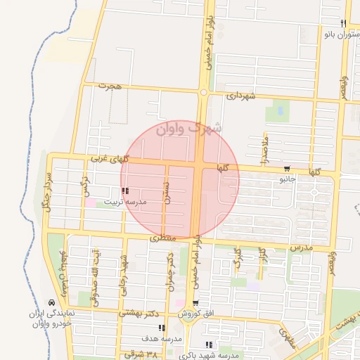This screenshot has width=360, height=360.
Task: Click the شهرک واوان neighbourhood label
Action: pyautogui.click(x=189, y=129)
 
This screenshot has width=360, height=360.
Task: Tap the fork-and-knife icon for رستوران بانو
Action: pyautogui.click(x=343, y=22)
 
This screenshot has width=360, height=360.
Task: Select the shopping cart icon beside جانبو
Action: pyautogui.click(x=288, y=169)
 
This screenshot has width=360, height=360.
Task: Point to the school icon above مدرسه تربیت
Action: pyautogui.click(x=125, y=191)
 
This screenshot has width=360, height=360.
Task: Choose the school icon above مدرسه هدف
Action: pyautogui.click(x=162, y=328)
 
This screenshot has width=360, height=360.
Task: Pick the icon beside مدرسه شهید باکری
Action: pyautogui.click(x=208, y=345)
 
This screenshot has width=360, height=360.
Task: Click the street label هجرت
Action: pyautogui.click(x=111, y=86)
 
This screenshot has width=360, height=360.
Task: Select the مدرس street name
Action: pyautogui.click(x=300, y=248)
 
